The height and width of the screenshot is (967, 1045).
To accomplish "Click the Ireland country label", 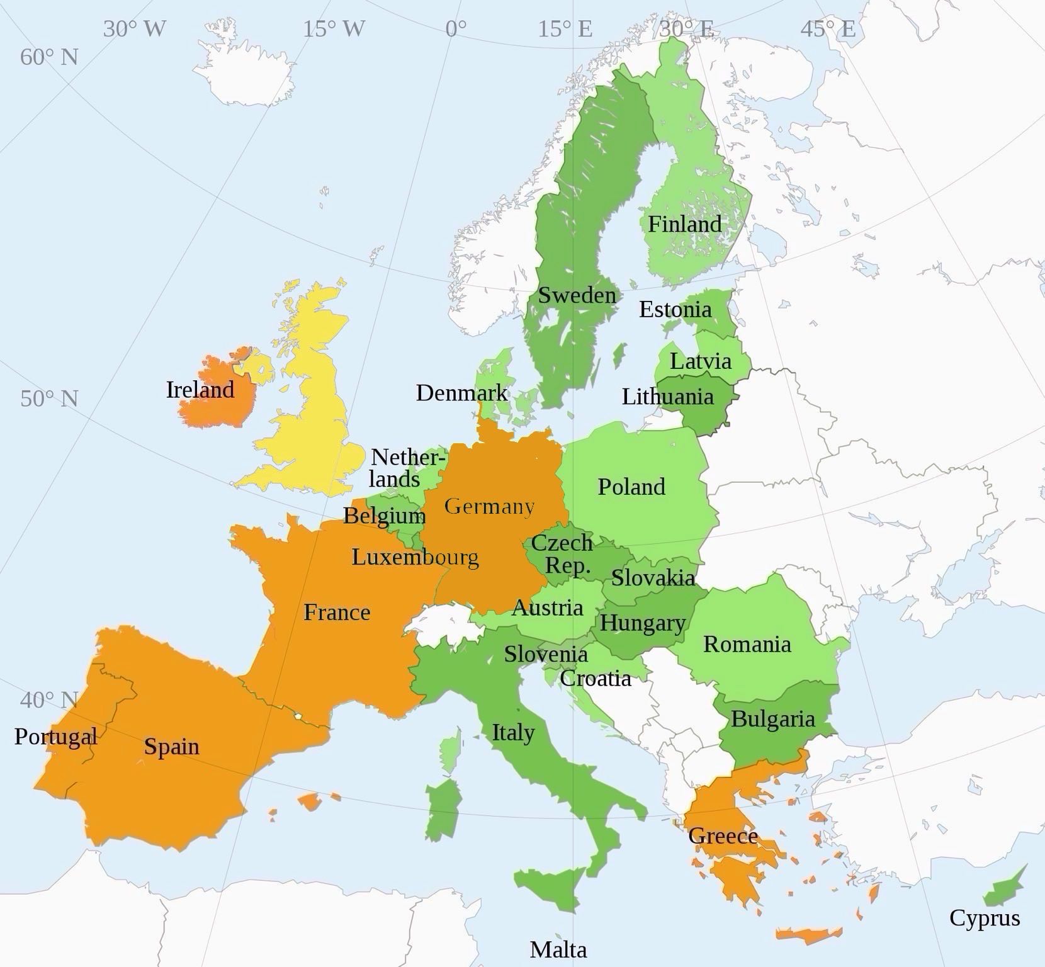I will [200, 390].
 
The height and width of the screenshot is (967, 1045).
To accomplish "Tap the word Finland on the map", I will [685, 224].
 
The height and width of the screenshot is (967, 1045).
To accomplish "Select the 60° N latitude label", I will [49, 57].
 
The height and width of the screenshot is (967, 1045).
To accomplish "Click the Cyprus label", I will [985, 918].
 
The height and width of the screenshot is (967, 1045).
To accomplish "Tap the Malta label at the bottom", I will [558, 949].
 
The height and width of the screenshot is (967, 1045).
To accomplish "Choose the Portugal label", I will [56, 736].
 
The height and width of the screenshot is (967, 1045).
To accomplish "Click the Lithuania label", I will [668, 397].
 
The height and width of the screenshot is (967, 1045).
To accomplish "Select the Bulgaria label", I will [773, 719].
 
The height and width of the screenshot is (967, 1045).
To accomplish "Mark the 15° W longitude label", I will [334, 29].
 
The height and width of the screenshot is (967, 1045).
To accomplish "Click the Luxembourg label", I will [415, 557].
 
